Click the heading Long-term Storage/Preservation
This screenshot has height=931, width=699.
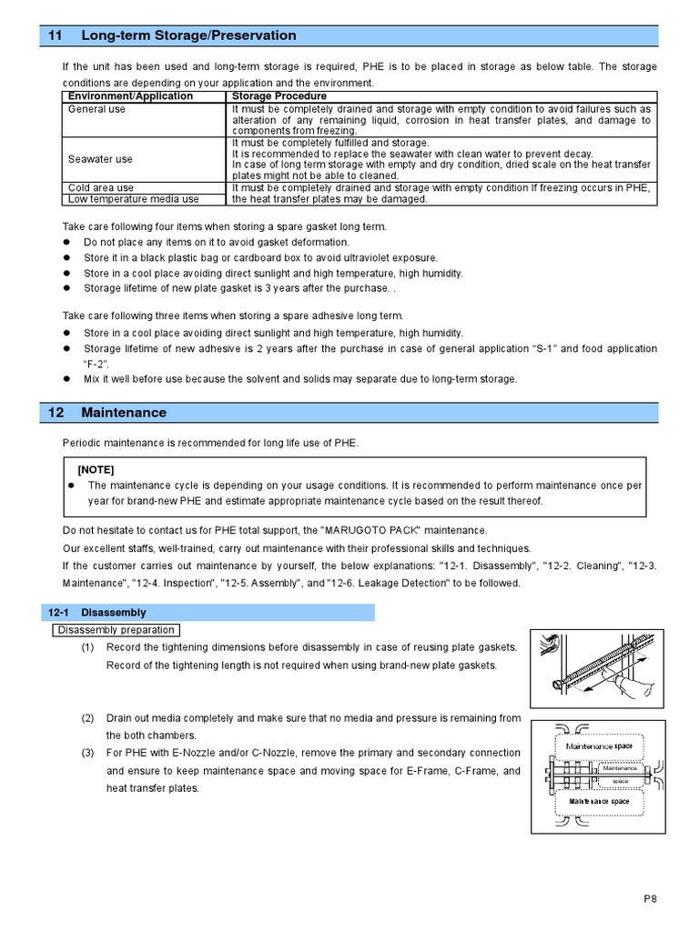[188, 35]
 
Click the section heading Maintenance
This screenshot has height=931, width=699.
[124, 412]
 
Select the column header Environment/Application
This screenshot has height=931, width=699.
[130, 95]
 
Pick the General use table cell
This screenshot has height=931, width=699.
[97, 109]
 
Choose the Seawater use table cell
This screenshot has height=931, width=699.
[100, 159]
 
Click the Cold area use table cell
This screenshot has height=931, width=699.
[101, 188]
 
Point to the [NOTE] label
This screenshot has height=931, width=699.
[96, 469]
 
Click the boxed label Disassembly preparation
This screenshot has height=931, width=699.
[116, 630]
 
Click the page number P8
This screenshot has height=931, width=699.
[648, 898]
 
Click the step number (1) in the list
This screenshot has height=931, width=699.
[87, 646]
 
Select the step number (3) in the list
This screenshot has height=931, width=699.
[87, 753]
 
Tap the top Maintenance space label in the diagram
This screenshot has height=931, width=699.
[599, 746]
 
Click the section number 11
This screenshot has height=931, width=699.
[55, 35]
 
